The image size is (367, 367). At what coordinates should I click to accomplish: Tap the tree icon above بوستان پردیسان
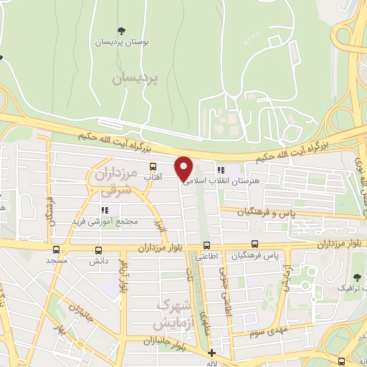[120, 30]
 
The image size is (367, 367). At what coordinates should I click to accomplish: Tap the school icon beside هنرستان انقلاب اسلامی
[221, 170]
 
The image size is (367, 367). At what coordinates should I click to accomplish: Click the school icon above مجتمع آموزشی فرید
[104, 210]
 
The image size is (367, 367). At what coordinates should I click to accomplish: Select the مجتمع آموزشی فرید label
[104, 222]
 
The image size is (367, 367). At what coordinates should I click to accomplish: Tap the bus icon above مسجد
[56, 250]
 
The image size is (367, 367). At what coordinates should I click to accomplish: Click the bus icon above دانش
[98, 250]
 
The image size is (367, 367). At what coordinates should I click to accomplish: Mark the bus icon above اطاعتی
[206, 245]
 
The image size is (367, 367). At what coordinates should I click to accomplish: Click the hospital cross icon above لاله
[211, 353]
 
